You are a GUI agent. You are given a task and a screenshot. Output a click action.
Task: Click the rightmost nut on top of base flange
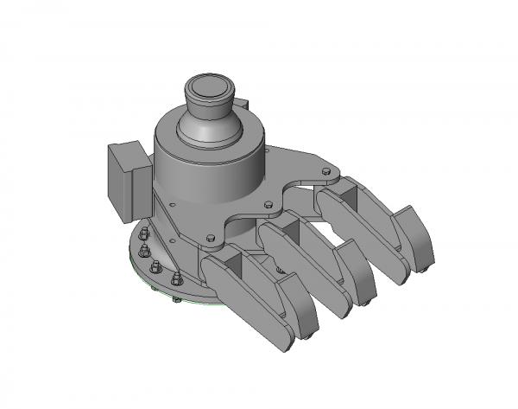[x=177, y=278]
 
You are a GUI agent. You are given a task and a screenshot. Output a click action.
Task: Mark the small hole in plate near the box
[x=173, y=206]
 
